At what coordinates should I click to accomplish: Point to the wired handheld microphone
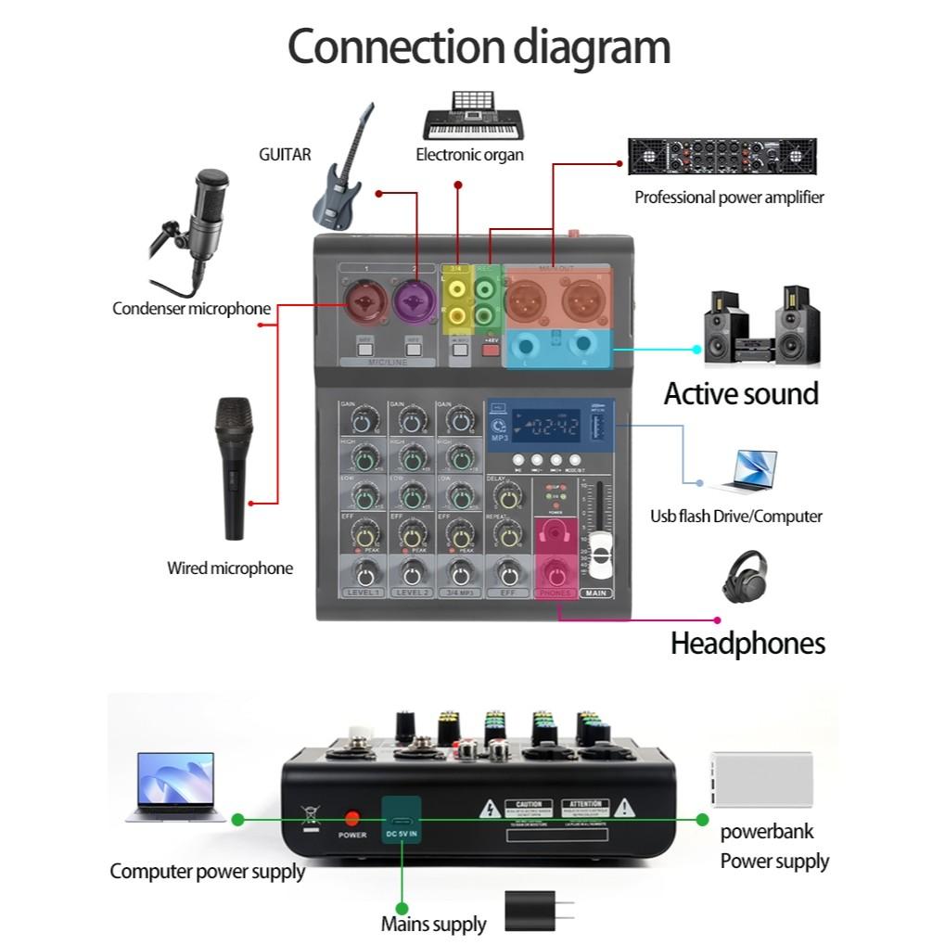click(x=234, y=468)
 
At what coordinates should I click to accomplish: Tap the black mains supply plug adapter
click(x=533, y=911)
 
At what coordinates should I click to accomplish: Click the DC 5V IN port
click(x=402, y=821)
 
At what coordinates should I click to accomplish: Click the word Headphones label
click(x=747, y=643)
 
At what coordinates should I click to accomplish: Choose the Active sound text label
click(x=741, y=393)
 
